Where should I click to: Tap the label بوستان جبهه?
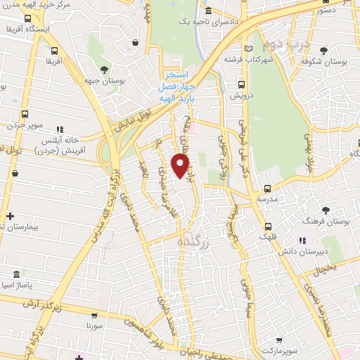pyautogui.click(x=103, y=82)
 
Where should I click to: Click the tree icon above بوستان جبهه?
pyautogui.click(x=104, y=69)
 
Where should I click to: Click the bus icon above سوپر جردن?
pyautogui.click(x=26, y=113)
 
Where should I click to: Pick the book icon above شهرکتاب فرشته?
pyautogui.click(x=247, y=47)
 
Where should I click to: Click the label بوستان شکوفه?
pyautogui.click(x=323, y=62)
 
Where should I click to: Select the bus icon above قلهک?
pyautogui.click(x=268, y=226)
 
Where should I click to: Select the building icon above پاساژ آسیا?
pyautogui.click(x=16, y=275)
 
